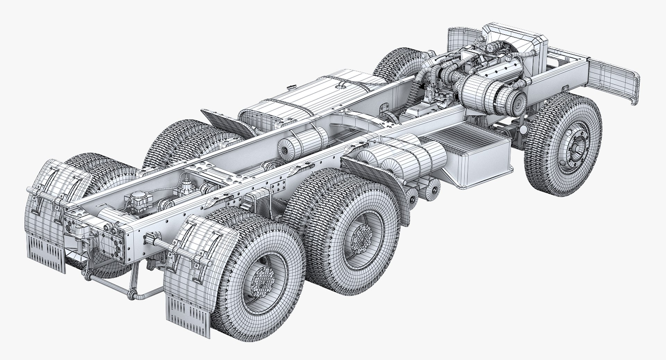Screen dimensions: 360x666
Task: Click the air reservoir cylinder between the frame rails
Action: [302, 142]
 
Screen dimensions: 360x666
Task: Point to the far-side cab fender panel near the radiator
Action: [456, 43]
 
